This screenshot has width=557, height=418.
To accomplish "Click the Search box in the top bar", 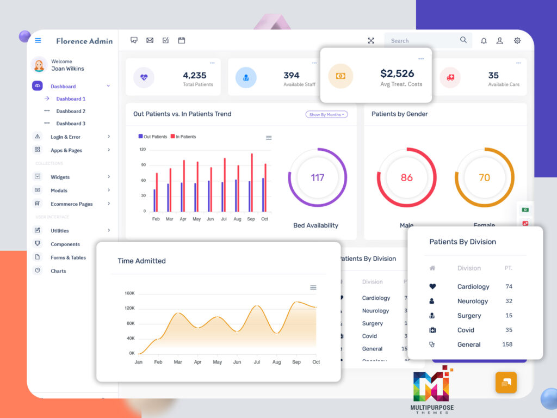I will [422, 41].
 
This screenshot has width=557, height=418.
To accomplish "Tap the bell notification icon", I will [484, 41].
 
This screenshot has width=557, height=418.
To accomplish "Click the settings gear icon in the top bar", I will [517, 41].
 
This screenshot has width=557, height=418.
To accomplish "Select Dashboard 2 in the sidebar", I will [71, 111].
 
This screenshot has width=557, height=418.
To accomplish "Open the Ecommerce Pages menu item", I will [71, 204].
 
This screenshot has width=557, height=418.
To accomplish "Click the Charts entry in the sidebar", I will [58, 271].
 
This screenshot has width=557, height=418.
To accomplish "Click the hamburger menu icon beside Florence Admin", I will [38, 41].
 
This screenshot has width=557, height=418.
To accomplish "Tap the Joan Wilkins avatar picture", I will [39, 65].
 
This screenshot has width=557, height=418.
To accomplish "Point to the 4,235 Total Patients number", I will [195, 76].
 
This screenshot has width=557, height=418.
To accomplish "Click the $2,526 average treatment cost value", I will [397, 73].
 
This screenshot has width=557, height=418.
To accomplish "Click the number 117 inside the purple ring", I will [317, 177].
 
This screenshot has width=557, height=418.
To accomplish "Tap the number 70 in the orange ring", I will [484, 177].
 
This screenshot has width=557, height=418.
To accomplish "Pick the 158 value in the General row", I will [507, 345].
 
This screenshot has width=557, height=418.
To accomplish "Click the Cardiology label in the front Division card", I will [473, 287].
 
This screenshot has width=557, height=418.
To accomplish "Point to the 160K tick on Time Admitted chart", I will [129, 293].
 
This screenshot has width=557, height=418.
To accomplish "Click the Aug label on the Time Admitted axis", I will [276, 362].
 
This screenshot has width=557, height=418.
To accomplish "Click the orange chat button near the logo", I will [506, 383].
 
